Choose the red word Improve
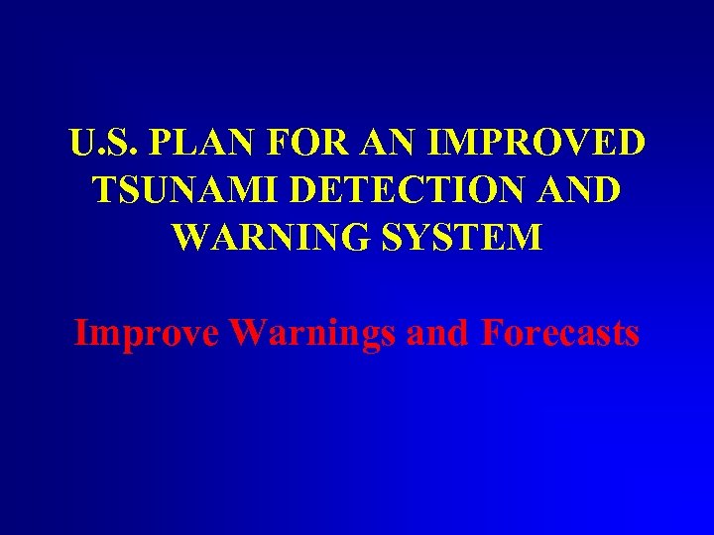click(x=147, y=333)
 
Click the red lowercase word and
click(x=439, y=333)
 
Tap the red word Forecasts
click(x=560, y=333)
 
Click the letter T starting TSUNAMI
click(x=101, y=189)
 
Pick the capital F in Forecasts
click(x=493, y=333)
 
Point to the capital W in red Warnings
click(x=247, y=333)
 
